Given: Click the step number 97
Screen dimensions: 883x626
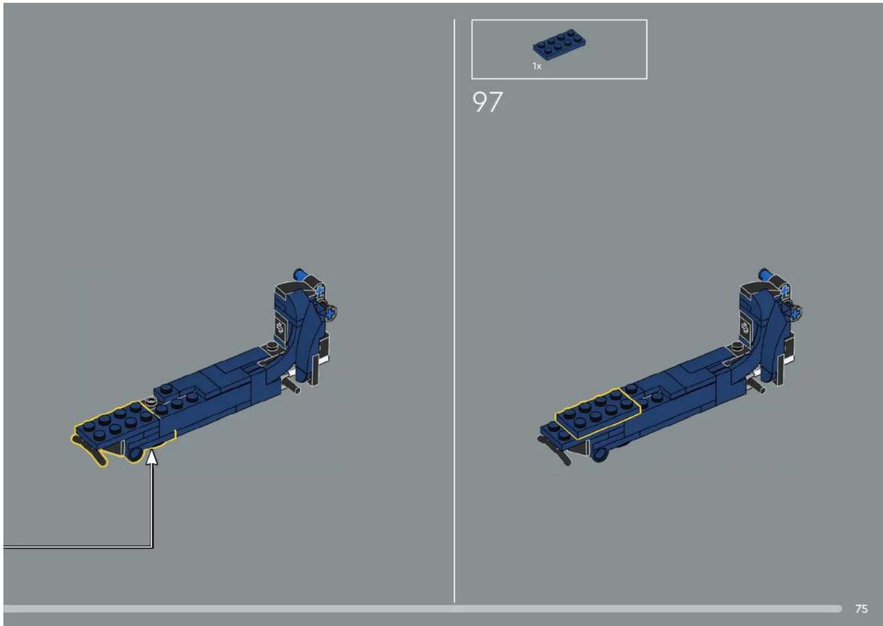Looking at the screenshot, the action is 487,102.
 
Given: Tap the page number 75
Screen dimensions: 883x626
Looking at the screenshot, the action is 861,608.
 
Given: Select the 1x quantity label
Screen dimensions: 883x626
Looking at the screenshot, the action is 537,66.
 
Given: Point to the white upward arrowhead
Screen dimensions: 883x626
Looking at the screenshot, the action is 152,458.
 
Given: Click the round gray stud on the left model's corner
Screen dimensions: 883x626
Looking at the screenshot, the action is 272,347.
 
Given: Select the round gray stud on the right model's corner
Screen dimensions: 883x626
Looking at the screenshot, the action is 736,347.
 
